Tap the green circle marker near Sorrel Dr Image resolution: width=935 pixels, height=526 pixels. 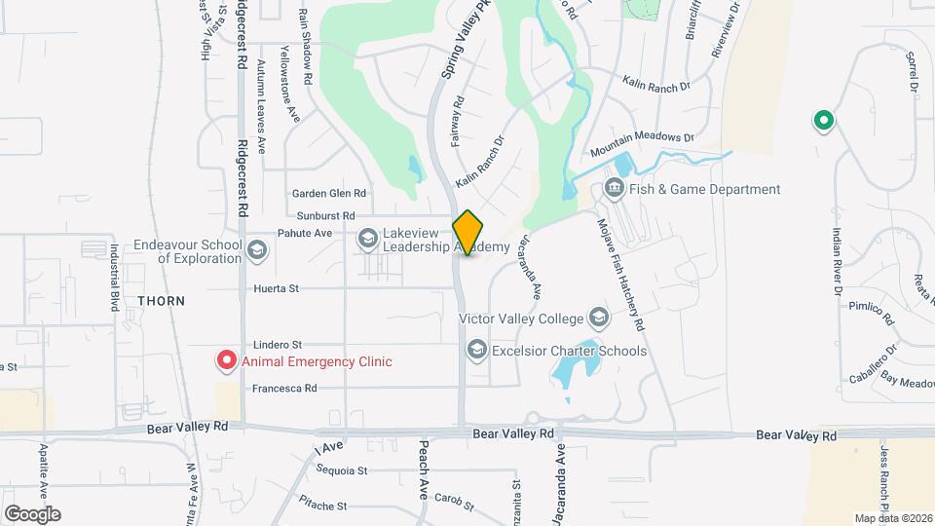(824, 122)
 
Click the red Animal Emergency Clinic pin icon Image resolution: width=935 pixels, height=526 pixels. (226, 361)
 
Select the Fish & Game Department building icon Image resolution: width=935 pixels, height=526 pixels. (615, 189)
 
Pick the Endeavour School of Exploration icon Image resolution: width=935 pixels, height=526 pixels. (256, 249)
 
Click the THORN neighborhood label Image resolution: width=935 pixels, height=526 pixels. (161, 301)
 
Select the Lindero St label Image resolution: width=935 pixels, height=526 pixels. (279, 345)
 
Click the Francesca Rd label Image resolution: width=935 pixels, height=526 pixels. (284, 388)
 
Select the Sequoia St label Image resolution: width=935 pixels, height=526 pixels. (342, 470)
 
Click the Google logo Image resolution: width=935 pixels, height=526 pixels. (32, 513)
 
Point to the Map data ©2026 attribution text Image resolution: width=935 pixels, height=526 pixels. (892, 518)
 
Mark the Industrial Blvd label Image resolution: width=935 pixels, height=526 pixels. (114, 277)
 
